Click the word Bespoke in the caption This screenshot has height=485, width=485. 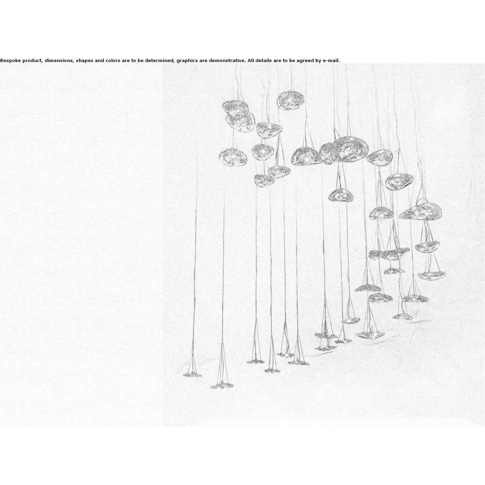[x=11, y=61]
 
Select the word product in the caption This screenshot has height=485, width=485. [x=32, y=61]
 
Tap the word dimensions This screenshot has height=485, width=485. [x=59, y=61]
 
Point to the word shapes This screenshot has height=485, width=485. [x=84, y=61]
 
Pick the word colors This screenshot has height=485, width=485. [x=113, y=61]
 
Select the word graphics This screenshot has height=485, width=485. [x=187, y=61]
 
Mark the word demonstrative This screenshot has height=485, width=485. [x=227, y=61]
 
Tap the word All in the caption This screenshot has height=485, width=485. [x=251, y=61]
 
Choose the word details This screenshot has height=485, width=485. [x=264, y=61]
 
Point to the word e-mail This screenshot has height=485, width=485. [x=331, y=61]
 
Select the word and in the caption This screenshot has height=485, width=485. [x=99, y=61]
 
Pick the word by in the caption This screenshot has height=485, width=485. [x=318, y=61]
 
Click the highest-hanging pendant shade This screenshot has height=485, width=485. [x=290, y=100]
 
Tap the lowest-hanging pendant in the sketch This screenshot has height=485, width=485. [x=222, y=386]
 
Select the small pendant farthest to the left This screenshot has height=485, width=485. [x=192, y=374]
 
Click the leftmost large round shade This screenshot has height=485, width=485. [x=233, y=157]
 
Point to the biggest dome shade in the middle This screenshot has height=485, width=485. [x=348, y=149]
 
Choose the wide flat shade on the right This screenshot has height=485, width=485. [x=420, y=211]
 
